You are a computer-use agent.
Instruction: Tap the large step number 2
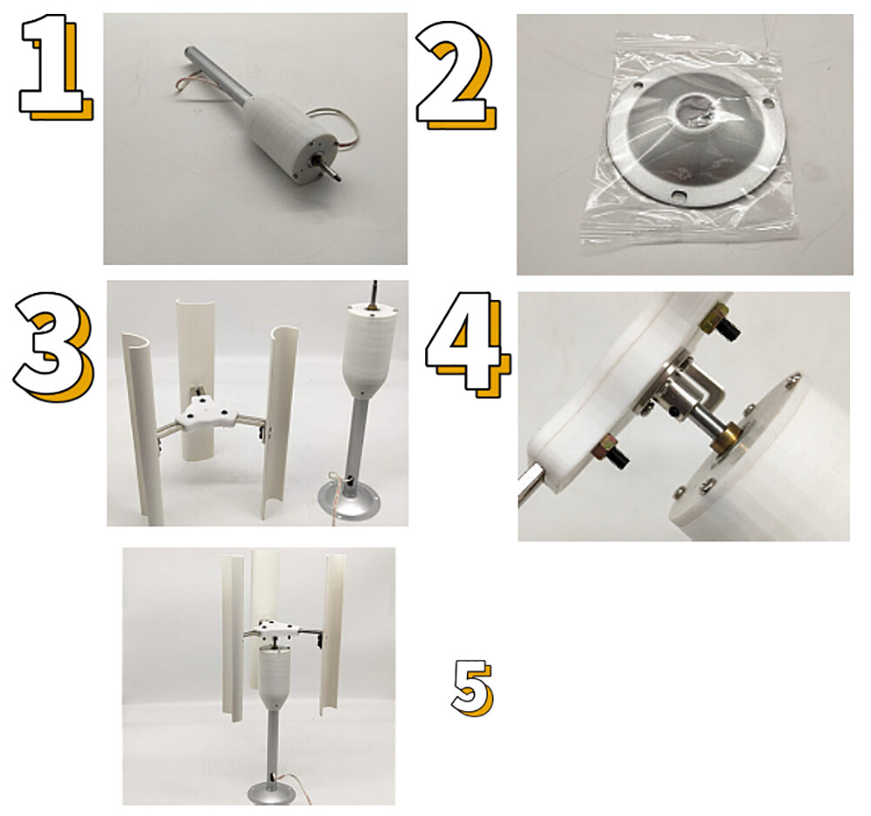point(456,75)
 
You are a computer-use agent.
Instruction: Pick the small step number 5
point(471,688)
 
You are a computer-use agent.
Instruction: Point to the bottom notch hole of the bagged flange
point(679,194)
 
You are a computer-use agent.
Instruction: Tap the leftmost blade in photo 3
point(144,428)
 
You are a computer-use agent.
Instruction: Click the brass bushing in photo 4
point(725,438)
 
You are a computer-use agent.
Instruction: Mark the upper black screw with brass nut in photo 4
point(720,323)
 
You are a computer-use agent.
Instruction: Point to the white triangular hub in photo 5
point(276,630)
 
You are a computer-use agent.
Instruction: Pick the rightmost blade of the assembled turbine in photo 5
point(332,634)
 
